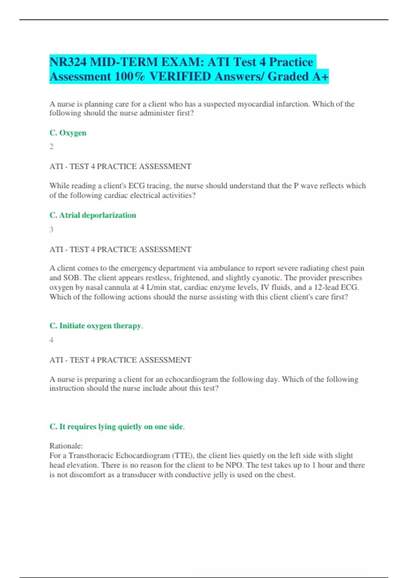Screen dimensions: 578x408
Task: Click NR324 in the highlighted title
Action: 68,62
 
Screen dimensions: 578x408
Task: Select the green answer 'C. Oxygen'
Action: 68,133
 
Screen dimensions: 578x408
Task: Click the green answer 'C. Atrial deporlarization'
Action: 92,215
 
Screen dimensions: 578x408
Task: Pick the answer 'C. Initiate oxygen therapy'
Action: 96,326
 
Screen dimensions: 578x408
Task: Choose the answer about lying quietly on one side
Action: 117,426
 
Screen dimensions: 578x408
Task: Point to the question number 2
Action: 51,147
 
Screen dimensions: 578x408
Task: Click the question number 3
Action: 51,230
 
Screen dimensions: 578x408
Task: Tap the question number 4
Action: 51,340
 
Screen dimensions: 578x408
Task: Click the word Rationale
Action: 66,446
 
